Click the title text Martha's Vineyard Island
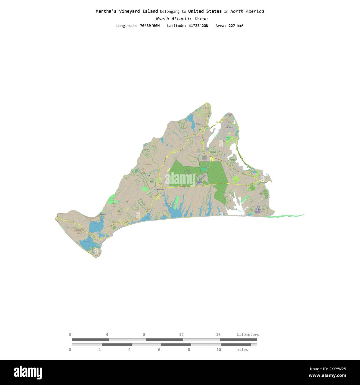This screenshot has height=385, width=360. (127, 11)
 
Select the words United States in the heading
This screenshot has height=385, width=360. (205, 11)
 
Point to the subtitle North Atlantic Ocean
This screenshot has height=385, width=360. (181, 19)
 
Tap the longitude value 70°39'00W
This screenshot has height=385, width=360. (150, 26)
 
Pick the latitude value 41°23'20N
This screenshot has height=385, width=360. (196, 26)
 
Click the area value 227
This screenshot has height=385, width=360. (232, 26)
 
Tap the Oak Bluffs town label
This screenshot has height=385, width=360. (229, 127)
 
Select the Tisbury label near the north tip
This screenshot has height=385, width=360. (199, 124)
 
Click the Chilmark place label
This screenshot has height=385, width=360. (116, 222)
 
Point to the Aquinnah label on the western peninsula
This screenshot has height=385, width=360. (71, 222)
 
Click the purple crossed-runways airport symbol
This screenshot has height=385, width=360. (200, 179)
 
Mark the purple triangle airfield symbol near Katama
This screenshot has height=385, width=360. (258, 209)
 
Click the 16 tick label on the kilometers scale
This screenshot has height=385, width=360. (218, 335)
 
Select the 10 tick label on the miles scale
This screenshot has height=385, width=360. (218, 350)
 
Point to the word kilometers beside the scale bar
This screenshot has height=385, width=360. (248, 335)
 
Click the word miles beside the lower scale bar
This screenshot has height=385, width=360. (242, 350)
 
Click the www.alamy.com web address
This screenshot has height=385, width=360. (327, 376)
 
